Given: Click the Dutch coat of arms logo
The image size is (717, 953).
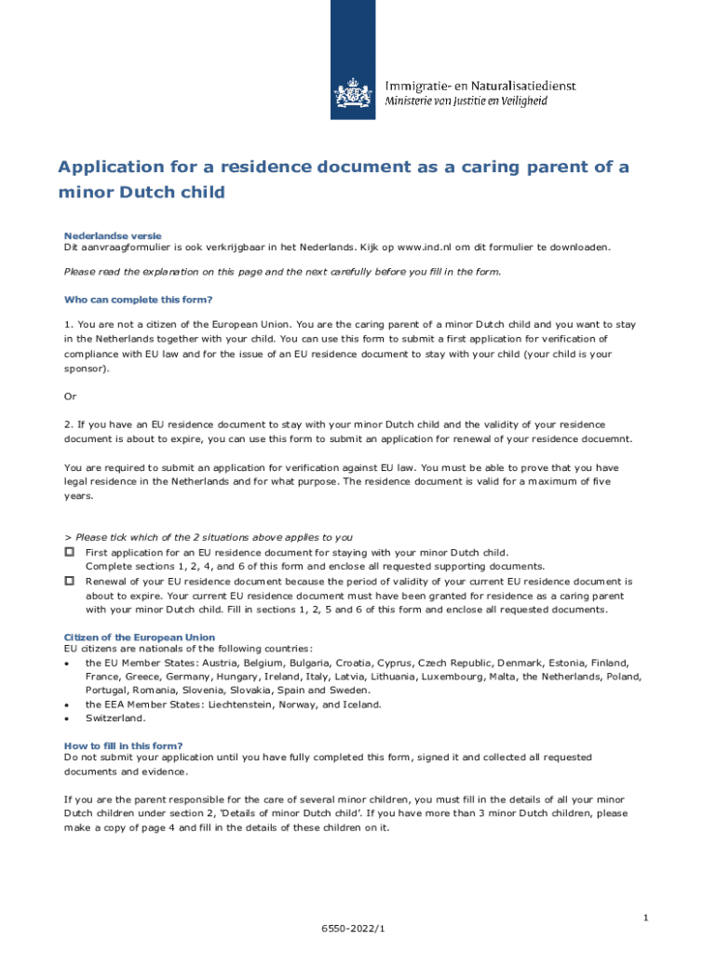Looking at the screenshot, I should [x=352, y=93].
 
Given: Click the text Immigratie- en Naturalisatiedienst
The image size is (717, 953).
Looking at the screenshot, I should [x=480, y=86].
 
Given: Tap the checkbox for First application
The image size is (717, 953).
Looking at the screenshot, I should [x=69, y=552].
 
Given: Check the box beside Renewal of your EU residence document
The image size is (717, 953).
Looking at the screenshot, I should [x=69, y=580].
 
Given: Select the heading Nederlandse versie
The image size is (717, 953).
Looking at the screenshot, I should [x=112, y=235].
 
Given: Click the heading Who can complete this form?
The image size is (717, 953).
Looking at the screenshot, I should [x=138, y=300].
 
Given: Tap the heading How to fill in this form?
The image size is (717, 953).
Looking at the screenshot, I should [x=123, y=745].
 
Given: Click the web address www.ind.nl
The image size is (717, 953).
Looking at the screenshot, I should [x=428, y=248].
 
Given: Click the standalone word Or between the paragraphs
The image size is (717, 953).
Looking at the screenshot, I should [x=70, y=396].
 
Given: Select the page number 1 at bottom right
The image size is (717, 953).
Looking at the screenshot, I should [x=644, y=919].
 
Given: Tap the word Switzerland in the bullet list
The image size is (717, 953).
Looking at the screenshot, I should [x=115, y=718].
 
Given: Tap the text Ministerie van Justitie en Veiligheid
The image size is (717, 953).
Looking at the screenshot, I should [x=467, y=101].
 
